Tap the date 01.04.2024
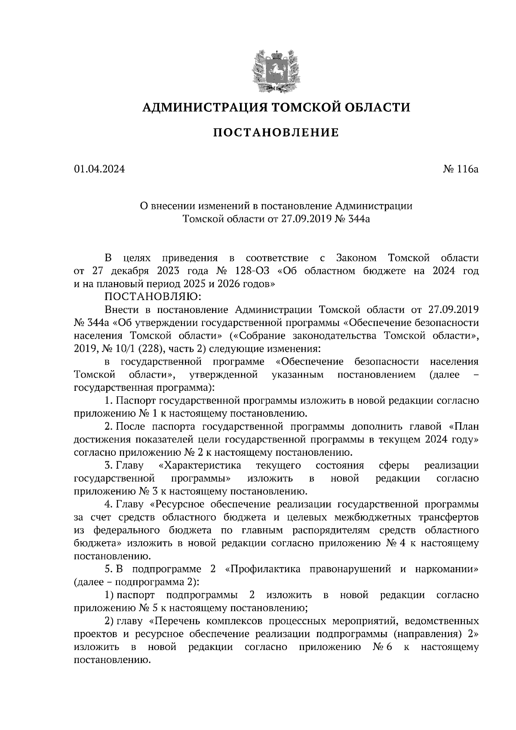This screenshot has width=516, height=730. tap(99, 169)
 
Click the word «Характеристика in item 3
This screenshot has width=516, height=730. tap(200, 466)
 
